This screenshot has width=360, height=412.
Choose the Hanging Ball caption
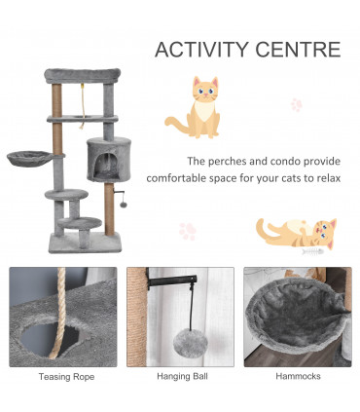[180, 376]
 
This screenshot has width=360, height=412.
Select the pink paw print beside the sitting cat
[296, 104]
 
